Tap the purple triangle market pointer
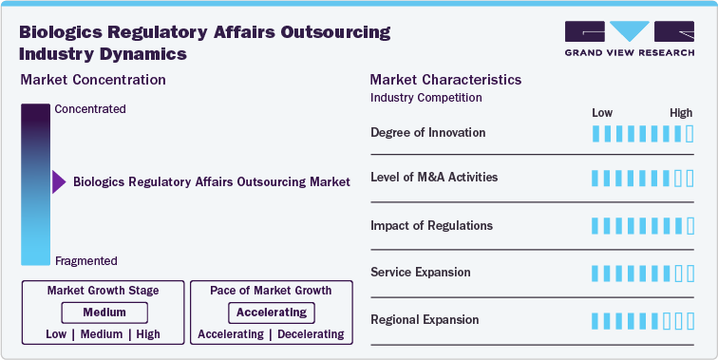click(x=59, y=181)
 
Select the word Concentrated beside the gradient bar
click(x=90, y=109)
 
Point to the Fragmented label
click(x=86, y=261)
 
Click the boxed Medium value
click(x=104, y=313)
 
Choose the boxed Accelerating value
click(x=272, y=313)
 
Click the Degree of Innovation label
click(x=427, y=132)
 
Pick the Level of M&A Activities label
click(x=434, y=178)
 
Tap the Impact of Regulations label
click(x=431, y=226)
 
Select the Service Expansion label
click(x=420, y=273)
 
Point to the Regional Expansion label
click(x=425, y=320)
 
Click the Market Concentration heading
click(x=93, y=80)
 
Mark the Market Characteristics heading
click(x=445, y=80)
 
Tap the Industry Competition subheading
click(x=425, y=97)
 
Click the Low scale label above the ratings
click(x=602, y=113)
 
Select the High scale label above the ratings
click(x=681, y=113)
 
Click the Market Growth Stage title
click(x=104, y=290)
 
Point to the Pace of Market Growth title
click(x=272, y=290)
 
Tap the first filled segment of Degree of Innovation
click(x=595, y=132)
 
